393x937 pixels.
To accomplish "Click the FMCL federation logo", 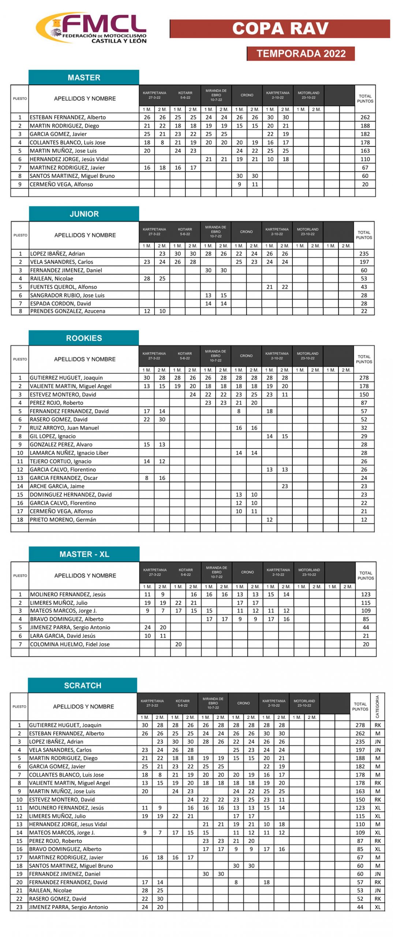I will coord(91,28).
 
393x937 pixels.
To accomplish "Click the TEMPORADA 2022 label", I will coord(300,53).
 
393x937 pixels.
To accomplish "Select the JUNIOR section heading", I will coord(84,214).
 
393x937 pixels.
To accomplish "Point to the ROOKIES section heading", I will coord(84,338).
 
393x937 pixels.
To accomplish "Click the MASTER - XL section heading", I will coord(84,554).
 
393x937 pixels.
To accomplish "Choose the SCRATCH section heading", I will coord(82,685).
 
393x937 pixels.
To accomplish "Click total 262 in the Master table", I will coord(364,117).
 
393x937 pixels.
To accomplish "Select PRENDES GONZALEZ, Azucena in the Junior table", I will coord(67,311).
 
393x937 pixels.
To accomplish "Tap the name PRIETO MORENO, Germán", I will coord(63,519).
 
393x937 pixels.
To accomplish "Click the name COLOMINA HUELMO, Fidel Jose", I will coord(70,644).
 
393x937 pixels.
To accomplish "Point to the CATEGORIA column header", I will coord(377,706).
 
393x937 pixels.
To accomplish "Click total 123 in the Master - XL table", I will coord(365,594).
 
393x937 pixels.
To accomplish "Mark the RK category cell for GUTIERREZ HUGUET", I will coord(377,725).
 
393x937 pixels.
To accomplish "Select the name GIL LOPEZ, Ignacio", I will coord(53,436).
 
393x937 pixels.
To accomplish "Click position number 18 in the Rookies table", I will coord(20,519).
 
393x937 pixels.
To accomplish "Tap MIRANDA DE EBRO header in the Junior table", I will coord(215,232).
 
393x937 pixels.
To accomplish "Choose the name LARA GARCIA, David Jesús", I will coord(63,636).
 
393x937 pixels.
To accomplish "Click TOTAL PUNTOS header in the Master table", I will coord(364,98).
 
